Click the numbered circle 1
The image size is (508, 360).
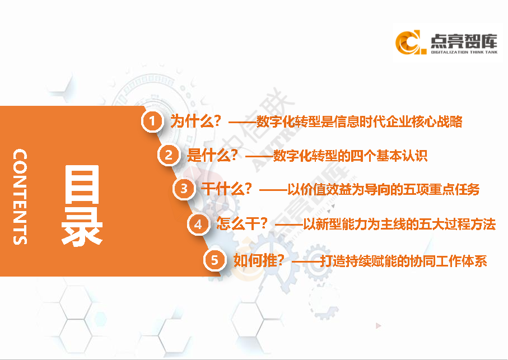pyautogui.click(x=151, y=121)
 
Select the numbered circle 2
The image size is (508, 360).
pyautogui.click(x=169, y=155)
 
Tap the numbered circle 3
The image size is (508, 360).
pyautogui.click(x=183, y=189)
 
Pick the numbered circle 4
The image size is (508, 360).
pyautogui.click(x=198, y=225)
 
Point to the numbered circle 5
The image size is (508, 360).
pyautogui.click(x=215, y=260)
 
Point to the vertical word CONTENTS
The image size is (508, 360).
pyautogui.click(x=20, y=197)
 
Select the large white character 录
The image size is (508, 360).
pyautogui.click(x=82, y=228)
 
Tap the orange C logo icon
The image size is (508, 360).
pyautogui.click(x=408, y=43)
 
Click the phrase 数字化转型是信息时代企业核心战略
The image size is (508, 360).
pyautogui.click(x=359, y=121)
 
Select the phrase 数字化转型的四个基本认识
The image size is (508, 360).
pyautogui.click(x=350, y=156)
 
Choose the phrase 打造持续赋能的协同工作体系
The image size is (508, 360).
pyautogui.click(x=403, y=261)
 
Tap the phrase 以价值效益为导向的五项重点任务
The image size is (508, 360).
pyautogui.click(x=383, y=189)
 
